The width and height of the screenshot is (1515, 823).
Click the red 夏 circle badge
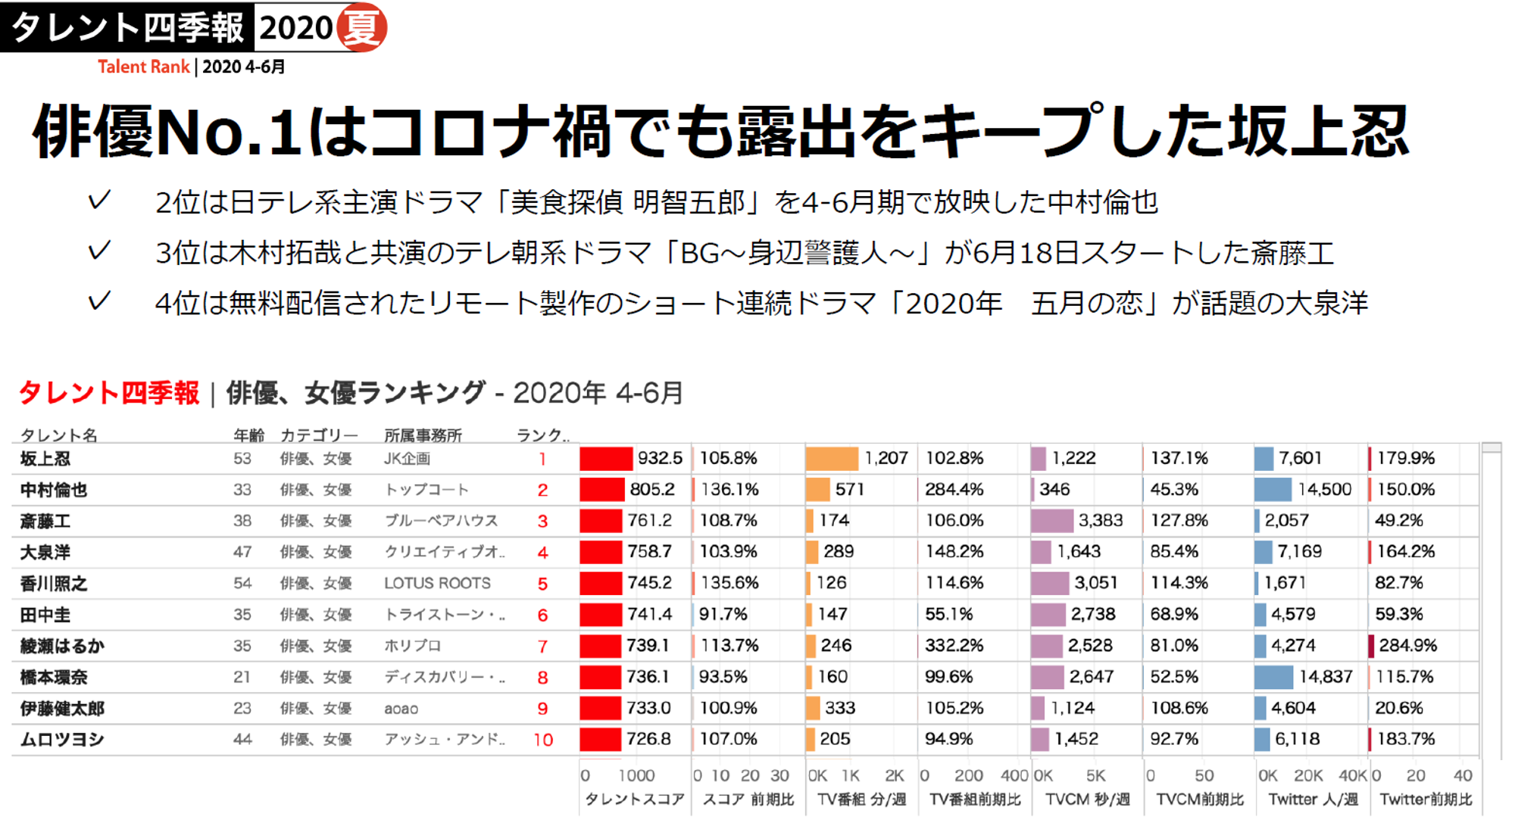click(362, 27)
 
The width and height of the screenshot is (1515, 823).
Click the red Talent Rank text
click(143, 67)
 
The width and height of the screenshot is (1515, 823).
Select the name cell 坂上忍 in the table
click(45, 459)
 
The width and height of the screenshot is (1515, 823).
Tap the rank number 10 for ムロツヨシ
click(543, 740)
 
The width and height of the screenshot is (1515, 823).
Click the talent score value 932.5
click(660, 458)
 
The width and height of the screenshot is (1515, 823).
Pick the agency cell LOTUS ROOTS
click(437, 583)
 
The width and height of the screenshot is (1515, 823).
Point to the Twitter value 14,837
click(1325, 677)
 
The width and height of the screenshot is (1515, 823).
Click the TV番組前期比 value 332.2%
click(954, 646)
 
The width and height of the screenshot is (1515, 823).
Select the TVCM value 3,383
click(1100, 521)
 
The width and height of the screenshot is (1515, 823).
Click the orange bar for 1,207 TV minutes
click(832, 458)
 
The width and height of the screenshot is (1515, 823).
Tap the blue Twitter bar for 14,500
click(1273, 490)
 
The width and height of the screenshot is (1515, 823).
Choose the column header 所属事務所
click(423, 435)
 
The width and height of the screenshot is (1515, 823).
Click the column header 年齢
click(248, 435)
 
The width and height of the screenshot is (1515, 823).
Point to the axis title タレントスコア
click(634, 800)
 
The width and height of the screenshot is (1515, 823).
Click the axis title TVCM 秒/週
click(1088, 800)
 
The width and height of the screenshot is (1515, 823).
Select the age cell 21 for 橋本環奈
click(242, 677)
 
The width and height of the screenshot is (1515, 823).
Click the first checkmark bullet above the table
click(99, 201)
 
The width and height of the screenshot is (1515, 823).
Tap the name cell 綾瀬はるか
click(62, 646)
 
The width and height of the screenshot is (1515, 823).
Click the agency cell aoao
click(401, 709)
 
